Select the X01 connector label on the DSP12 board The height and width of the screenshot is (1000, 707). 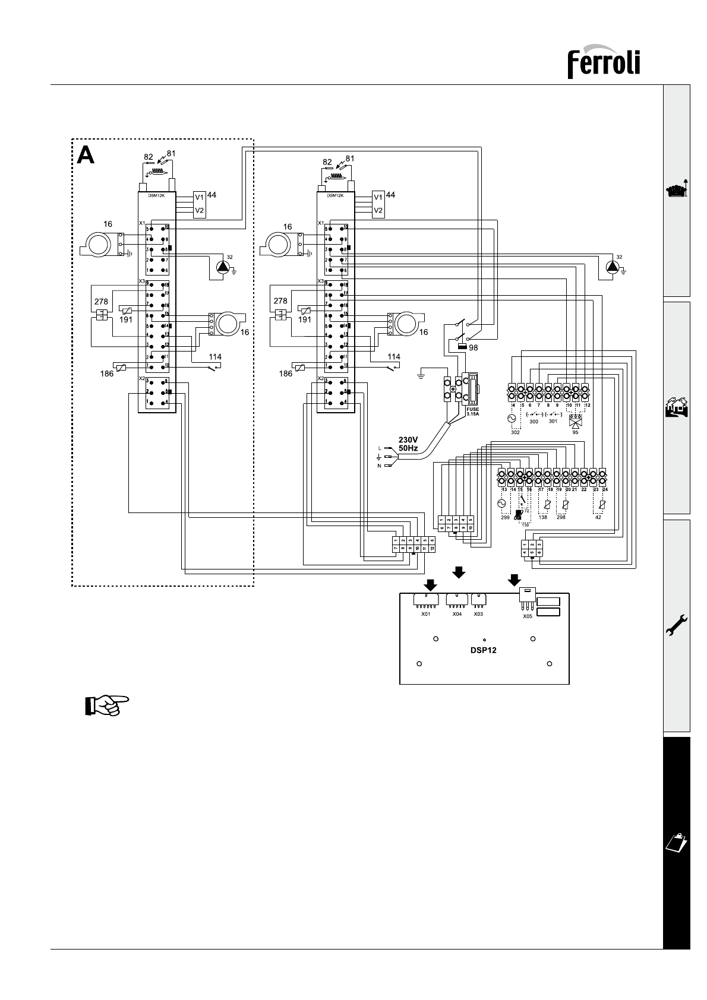(425, 614)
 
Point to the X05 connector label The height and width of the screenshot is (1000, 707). (527, 616)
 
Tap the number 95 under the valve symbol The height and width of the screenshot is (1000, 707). (575, 432)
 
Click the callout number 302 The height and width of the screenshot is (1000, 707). (515, 432)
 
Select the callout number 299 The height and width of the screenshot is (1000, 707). (505, 517)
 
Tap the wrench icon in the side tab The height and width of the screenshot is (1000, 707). (676, 625)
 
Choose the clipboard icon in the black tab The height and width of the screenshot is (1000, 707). (676, 842)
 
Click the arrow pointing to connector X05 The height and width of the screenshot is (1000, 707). (515, 578)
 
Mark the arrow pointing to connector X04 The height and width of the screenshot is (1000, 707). (459, 572)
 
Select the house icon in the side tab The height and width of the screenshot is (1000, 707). (676, 409)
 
